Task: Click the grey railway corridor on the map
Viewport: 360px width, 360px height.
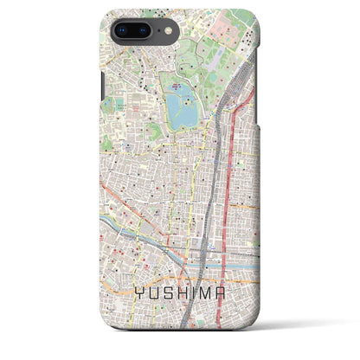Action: (x=215, y=156)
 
